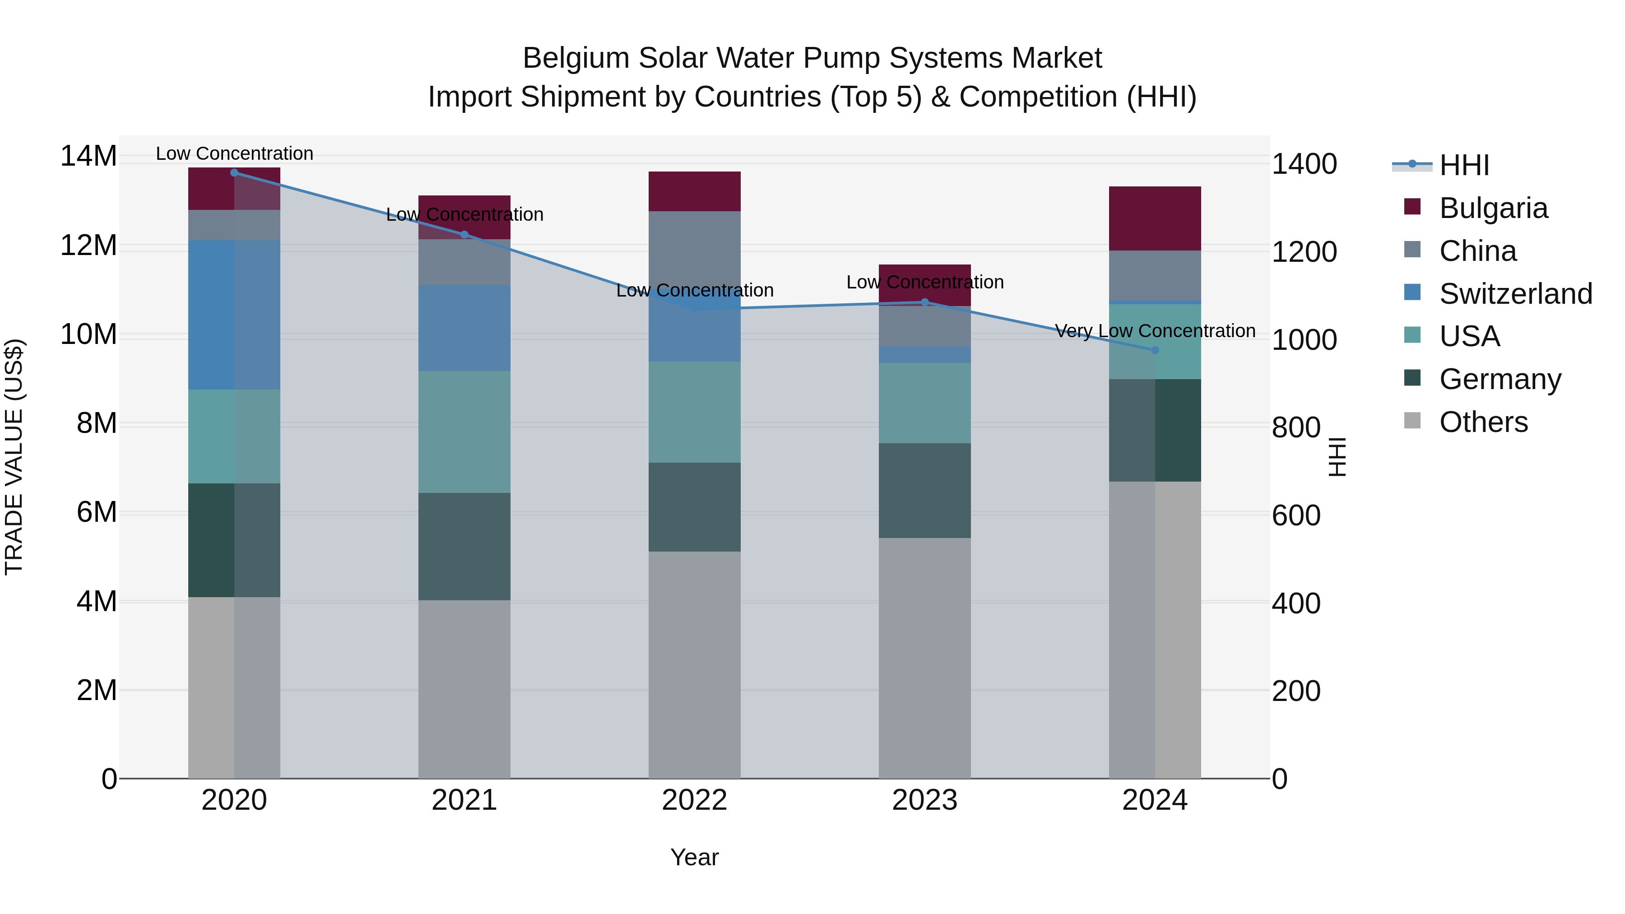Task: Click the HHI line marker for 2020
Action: click(234, 172)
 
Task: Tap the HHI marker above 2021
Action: click(464, 235)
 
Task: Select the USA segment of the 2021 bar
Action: click(464, 431)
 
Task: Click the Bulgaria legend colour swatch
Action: click(1412, 207)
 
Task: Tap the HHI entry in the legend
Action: click(1463, 165)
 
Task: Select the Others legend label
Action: click(1483, 422)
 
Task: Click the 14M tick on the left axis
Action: click(88, 156)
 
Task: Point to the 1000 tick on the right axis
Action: click(1303, 340)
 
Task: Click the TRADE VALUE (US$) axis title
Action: click(14, 457)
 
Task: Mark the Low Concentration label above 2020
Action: click(234, 153)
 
